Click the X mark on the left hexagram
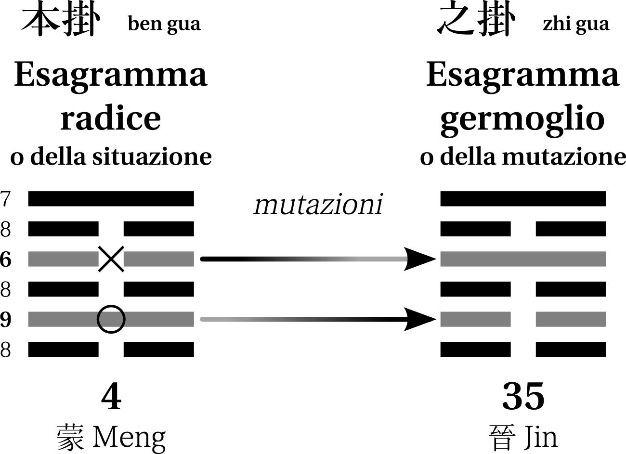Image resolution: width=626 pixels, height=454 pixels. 111,259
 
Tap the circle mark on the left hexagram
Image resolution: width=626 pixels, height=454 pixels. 111,319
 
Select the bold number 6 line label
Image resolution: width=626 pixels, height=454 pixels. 5,259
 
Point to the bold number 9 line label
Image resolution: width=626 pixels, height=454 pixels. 5,319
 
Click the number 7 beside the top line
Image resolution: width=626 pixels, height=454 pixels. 5,199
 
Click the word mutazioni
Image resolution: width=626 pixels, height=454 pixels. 318,204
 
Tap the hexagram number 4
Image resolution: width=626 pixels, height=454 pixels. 111,397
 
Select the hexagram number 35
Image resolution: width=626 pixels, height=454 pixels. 523,397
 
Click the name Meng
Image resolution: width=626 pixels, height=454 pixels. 129,437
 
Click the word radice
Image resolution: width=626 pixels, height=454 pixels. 110,117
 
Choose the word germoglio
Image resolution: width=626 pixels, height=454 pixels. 522,118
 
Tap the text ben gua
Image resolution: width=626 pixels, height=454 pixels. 164,24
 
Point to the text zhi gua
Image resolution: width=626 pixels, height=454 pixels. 576,24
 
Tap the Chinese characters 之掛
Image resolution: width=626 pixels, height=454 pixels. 476,20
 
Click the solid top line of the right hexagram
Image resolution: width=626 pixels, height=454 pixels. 523,198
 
